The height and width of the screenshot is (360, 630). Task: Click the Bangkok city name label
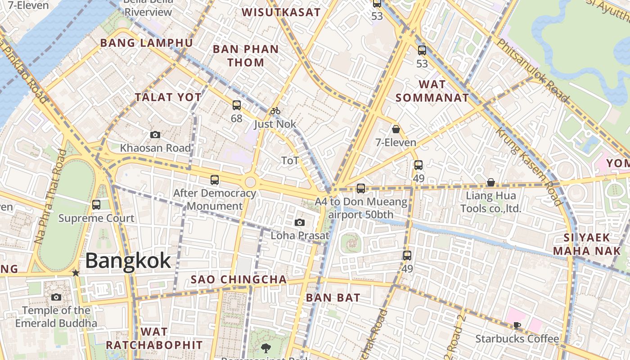(128, 261)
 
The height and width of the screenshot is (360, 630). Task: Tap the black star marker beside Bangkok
(76, 273)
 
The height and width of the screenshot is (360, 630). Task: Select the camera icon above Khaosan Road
(155, 135)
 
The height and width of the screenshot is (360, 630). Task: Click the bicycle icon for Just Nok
(275, 111)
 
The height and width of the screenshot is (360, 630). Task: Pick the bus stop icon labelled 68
(237, 105)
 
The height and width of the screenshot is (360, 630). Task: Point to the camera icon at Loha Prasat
(300, 222)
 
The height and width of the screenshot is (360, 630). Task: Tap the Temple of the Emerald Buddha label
(56, 317)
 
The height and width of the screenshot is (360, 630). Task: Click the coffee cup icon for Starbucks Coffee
(517, 325)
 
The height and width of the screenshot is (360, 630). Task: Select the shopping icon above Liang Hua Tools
(491, 182)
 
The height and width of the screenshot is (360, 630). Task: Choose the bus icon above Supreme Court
(96, 205)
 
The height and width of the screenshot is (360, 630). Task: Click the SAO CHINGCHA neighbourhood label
(238, 279)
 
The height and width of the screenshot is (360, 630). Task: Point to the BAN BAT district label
(333, 297)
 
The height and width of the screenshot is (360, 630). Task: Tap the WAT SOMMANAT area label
(432, 91)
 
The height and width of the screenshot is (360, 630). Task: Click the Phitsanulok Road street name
(533, 70)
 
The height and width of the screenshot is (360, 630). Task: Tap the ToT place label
(290, 161)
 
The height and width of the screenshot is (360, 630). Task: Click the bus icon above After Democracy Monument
(215, 180)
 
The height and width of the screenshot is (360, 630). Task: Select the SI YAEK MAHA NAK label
(587, 244)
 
